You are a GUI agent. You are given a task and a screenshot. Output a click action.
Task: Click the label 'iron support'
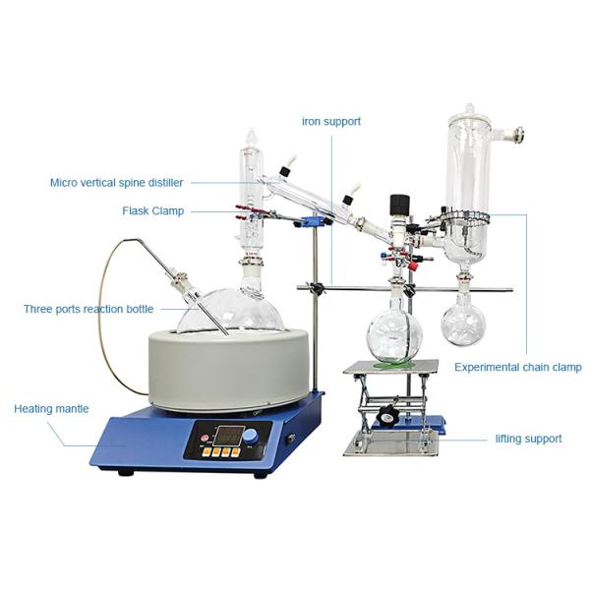click(331, 121)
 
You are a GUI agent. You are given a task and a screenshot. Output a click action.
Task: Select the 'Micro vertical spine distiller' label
click(117, 183)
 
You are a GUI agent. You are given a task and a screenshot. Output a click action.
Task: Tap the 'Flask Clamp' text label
click(153, 210)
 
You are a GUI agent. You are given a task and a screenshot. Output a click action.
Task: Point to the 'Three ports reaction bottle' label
click(88, 309)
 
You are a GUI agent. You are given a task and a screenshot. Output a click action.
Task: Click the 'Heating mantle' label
click(51, 409)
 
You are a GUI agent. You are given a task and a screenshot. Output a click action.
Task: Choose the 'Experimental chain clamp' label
click(518, 367)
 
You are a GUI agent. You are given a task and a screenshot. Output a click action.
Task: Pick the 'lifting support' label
click(528, 439)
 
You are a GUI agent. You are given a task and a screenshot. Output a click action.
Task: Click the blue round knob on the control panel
click(250, 437)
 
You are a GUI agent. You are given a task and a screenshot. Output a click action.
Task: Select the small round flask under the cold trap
click(463, 320)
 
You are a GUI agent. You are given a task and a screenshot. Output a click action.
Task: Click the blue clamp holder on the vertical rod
click(313, 221)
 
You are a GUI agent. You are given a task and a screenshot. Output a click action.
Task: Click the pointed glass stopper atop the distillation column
click(252, 139)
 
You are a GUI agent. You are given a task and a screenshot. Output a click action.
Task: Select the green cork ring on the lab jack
click(394, 364)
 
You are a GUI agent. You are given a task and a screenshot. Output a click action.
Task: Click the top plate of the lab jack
click(391, 367)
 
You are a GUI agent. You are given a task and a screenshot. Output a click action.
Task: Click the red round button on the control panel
click(205, 438)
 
